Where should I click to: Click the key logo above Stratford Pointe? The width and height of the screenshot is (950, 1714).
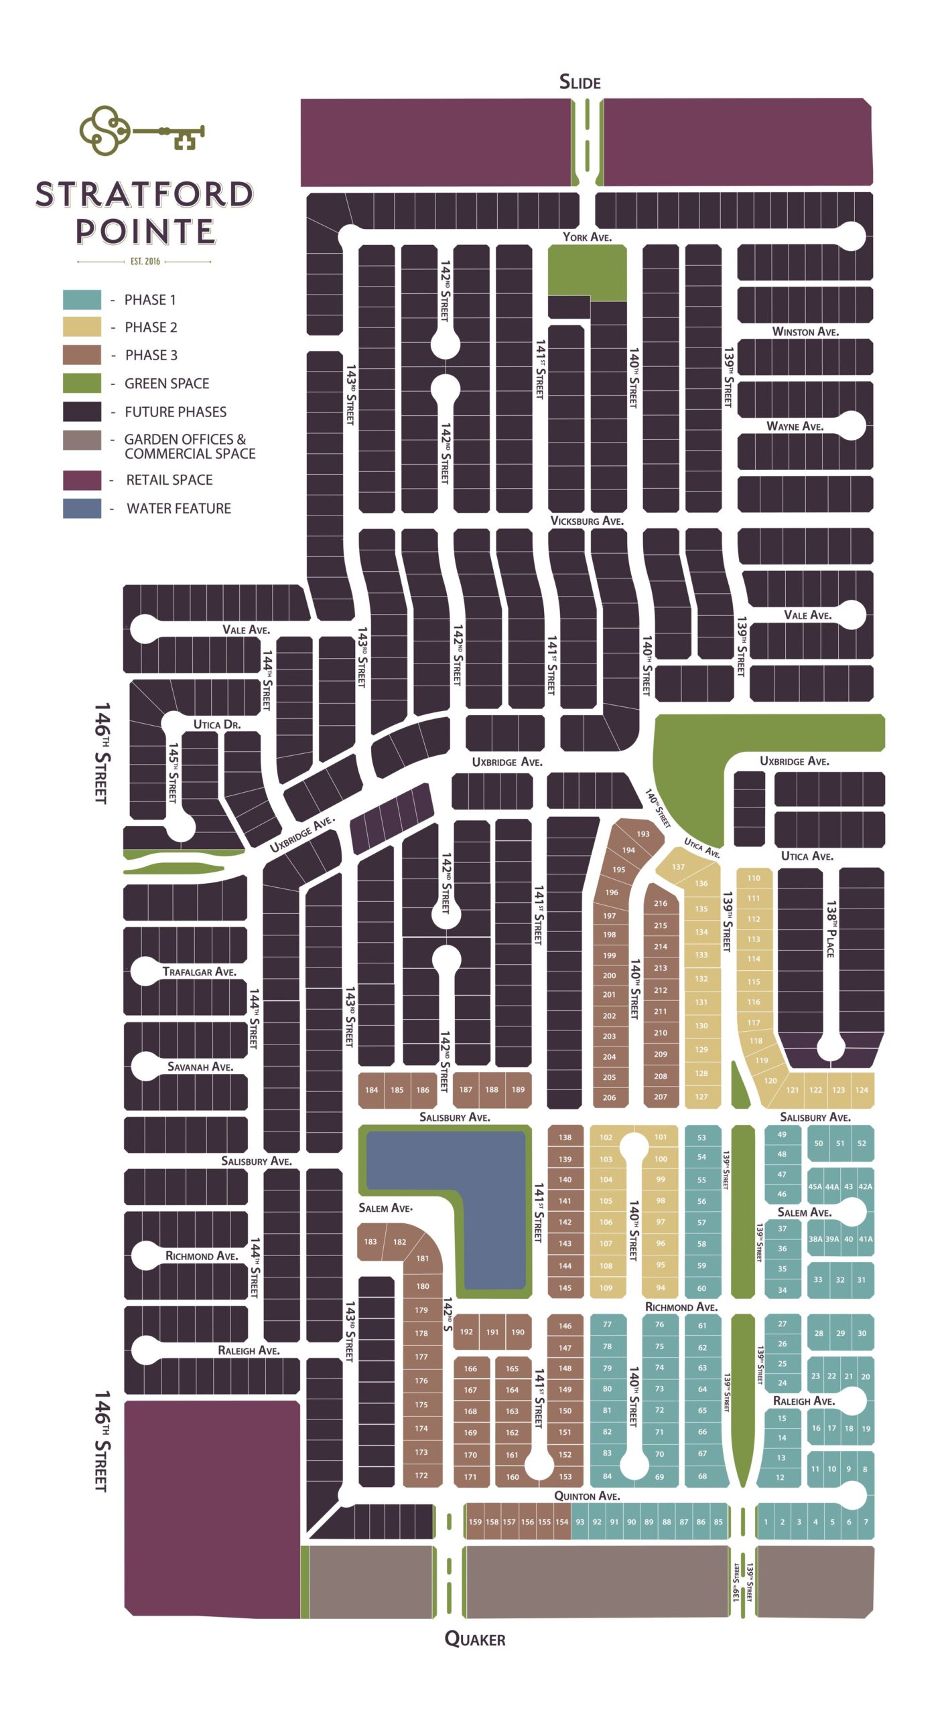coord(141,131)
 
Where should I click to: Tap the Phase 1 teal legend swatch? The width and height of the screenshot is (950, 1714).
coord(82,299)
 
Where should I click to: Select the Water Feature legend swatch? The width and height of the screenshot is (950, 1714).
coord(82,508)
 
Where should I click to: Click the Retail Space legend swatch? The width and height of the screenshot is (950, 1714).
coord(82,480)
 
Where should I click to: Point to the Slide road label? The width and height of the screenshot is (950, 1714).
coord(580,82)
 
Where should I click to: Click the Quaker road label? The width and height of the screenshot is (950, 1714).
coord(474,1639)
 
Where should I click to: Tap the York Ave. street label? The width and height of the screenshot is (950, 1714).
coord(587,237)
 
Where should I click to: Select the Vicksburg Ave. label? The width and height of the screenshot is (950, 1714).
coord(587,521)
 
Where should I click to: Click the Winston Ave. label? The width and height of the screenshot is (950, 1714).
coord(805,331)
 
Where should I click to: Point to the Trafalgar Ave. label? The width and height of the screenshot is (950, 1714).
coord(199,971)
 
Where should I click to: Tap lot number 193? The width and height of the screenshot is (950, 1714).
coord(642,834)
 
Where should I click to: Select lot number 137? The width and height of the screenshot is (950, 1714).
coord(678,867)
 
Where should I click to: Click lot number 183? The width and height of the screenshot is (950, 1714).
coord(370,1241)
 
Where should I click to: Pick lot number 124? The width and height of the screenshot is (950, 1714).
coord(862,1090)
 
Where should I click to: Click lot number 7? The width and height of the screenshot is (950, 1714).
coord(866,1522)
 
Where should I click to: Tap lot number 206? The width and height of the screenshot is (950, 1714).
coord(609,1097)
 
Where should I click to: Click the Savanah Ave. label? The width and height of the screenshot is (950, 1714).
coord(200,1067)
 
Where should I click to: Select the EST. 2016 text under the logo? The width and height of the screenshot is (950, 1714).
coord(145,261)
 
